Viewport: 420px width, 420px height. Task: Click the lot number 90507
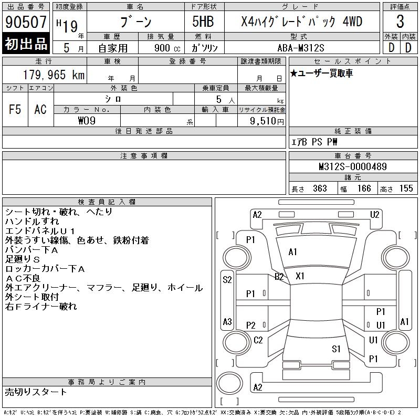pos(26,22)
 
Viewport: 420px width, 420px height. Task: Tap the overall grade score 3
pos(400,22)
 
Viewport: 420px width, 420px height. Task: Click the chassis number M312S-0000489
pos(353,166)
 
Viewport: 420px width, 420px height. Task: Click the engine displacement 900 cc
pos(164,47)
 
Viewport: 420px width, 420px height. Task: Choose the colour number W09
pos(87,120)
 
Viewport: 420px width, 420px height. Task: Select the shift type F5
pos(15,109)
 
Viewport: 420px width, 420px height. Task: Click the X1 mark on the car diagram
pos(300,276)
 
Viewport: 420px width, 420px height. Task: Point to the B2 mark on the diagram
pos(279,276)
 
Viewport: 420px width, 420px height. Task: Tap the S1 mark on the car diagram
pos(337,349)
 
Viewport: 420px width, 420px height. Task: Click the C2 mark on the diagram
pos(258,340)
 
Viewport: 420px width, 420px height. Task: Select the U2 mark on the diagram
pos(374,214)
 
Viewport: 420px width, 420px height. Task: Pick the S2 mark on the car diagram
pos(227,280)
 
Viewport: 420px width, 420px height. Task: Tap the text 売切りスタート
pos(36,392)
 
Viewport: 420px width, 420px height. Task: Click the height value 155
pos(406,188)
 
